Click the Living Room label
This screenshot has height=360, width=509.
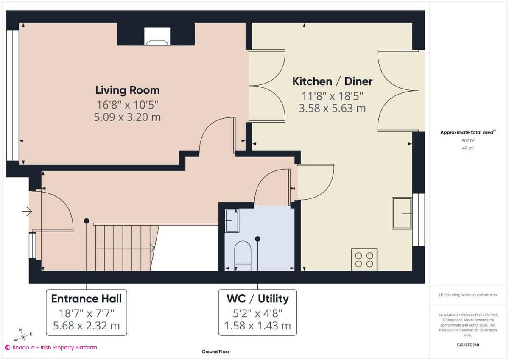point(127,90)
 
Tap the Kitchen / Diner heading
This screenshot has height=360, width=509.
point(333,81)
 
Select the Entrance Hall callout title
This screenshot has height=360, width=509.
point(86,299)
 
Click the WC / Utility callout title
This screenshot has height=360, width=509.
point(257,299)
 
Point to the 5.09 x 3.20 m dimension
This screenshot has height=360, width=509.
point(127,117)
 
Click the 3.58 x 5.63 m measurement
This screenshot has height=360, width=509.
point(332,108)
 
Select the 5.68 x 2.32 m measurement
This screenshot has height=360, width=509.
point(86,326)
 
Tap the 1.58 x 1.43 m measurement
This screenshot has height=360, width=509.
point(257,326)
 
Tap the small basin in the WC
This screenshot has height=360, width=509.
point(232,220)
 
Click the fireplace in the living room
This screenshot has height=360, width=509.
point(157,37)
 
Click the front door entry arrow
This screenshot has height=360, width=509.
point(27,211)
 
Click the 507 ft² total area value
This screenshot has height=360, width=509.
point(468,141)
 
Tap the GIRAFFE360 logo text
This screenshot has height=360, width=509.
point(468,345)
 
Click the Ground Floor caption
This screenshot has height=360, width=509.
point(215,352)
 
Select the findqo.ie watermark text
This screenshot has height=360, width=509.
point(51,347)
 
